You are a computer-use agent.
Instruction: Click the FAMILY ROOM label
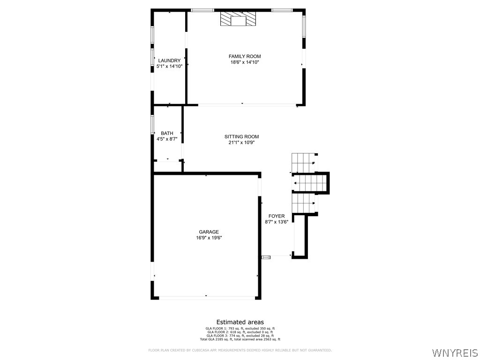(245, 56)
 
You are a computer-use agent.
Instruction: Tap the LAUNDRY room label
(169, 60)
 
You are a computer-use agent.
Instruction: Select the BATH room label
(167, 133)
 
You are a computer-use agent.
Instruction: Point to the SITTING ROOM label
(241, 137)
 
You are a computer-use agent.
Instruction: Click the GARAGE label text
(209, 232)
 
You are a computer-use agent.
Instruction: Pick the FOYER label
(277, 216)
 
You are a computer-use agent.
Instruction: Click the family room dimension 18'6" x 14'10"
(245, 62)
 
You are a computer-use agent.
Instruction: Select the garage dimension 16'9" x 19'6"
(209, 238)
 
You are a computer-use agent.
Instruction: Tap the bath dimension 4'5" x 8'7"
(167, 139)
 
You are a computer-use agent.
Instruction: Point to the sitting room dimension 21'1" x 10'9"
(241, 142)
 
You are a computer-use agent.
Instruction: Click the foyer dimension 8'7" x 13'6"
(277, 222)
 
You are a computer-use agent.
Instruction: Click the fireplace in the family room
(238, 19)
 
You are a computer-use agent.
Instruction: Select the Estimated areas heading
(240, 322)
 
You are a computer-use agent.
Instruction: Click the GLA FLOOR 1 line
(240, 328)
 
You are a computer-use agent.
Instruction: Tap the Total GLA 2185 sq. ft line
(240, 339)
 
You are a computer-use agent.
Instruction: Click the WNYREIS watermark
(455, 352)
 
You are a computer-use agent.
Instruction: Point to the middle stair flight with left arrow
(309, 183)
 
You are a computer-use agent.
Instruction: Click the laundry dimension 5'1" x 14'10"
(169, 66)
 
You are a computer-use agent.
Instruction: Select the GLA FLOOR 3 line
(240, 336)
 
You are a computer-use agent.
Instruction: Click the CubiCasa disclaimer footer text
(240, 350)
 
